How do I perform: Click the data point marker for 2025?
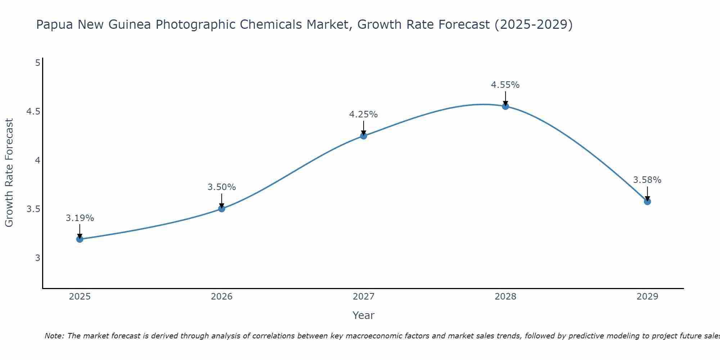tap(80, 239)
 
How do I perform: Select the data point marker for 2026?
tap(222, 208)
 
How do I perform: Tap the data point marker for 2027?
tap(364, 136)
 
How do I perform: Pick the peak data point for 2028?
tap(505, 106)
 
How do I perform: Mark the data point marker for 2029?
tap(647, 201)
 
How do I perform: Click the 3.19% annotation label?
tap(80, 218)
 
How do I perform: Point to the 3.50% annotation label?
tap(222, 187)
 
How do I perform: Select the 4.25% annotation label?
tap(364, 114)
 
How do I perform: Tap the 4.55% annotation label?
tap(505, 85)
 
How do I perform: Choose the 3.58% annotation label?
tap(647, 180)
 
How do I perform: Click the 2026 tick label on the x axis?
tap(222, 297)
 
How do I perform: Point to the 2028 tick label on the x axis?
tap(505, 297)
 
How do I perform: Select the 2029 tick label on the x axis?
tap(647, 297)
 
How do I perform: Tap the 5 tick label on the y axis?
tap(37, 63)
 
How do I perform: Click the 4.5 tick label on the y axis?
tap(33, 112)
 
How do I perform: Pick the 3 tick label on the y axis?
tap(37, 258)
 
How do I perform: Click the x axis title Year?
tap(364, 315)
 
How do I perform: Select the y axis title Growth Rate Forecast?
tap(9, 173)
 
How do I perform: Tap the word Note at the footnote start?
tap(54, 336)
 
